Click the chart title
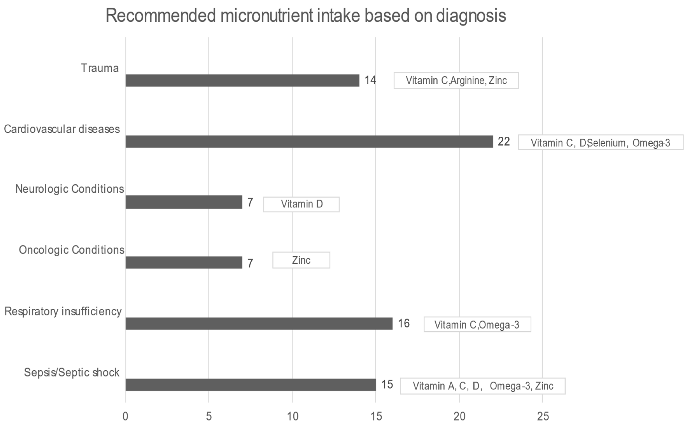pos(306,16)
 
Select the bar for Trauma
pos(242,80)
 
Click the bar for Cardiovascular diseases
pos(309,141)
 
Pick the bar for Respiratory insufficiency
pos(259,324)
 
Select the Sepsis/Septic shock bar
pos(251,385)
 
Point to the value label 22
pos(504,141)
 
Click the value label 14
pos(370,80)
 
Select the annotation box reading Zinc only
pos(301,260)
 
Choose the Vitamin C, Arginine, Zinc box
pos(456,80)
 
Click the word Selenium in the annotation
pos(608,143)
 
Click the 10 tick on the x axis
pos(293,416)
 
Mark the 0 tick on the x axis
pos(125,416)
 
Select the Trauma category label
pos(100,68)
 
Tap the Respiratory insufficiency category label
pos(63,311)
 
